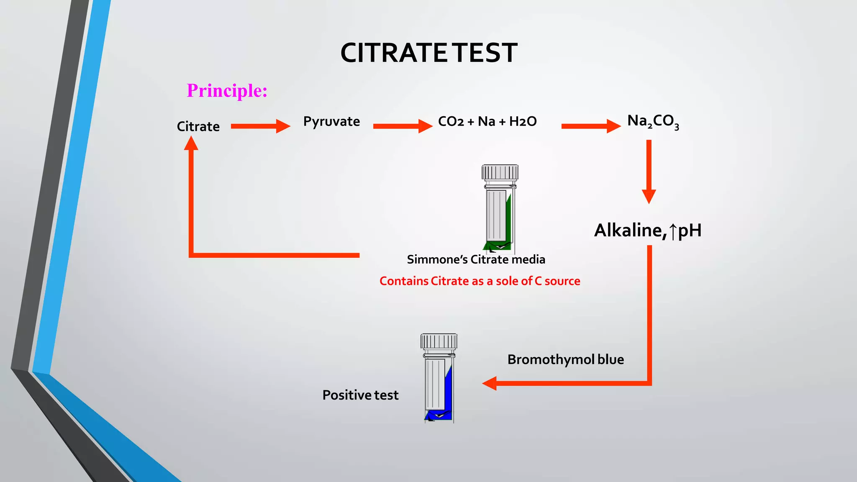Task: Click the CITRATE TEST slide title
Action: click(429, 53)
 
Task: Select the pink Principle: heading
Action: click(227, 90)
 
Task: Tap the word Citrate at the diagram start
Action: click(198, 126)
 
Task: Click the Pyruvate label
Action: click(331, 121)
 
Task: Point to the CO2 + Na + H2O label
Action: click(487, 121)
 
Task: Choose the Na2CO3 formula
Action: click(653, 121)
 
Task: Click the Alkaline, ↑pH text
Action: click(647, 230)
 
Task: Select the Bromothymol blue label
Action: click(565, 359)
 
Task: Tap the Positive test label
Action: click(360, 395)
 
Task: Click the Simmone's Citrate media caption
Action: click(476, 259)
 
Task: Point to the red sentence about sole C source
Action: click(480, 281)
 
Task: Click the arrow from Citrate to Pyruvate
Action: click(260, 126)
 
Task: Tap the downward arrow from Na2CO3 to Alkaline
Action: click(649, 172)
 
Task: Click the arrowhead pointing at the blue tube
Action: click(490, 383)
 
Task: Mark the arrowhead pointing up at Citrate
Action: click(191, 144)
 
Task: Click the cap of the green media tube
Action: click(500, 172)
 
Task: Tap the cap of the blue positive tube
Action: click(439, 341)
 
